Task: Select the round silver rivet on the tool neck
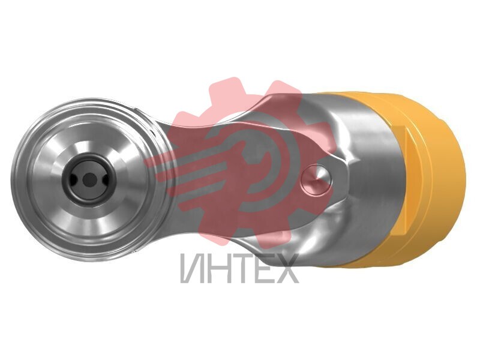(x=316, y=179)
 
